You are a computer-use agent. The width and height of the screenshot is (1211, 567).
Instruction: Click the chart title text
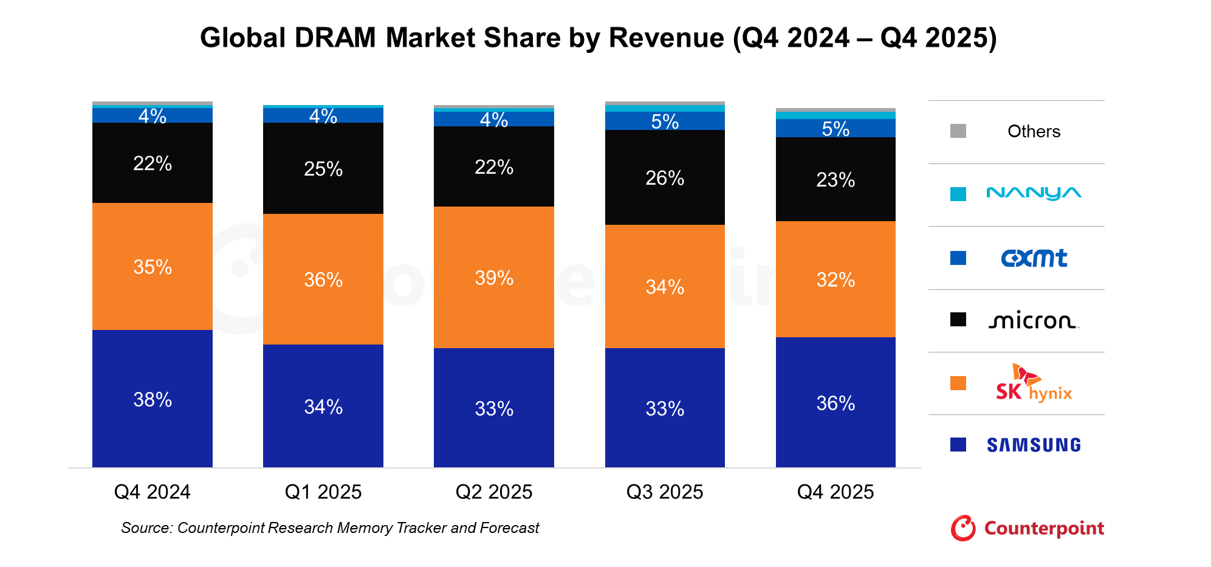pyautogui.click(x=598, y=38)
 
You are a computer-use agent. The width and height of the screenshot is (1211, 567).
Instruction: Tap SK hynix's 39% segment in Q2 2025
pyautogui.click(x=493, y=277)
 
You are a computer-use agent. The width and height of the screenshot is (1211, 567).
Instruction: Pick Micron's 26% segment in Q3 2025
pyautogui.click(x=665, y=177)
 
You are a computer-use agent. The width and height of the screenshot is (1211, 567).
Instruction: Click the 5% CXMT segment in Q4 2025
pyautogui.click(x=835, y=128)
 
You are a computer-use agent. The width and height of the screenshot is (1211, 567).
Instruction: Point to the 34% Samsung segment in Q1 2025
pyautogui.click(x=323, y=406)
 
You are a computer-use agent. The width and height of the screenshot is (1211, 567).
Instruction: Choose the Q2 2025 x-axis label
pyautogui.click(x=493, y=492)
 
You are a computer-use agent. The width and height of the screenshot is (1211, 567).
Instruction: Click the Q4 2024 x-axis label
pyautogui.click(x=152, y=492)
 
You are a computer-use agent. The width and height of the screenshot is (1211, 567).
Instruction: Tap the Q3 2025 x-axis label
pyautogui.click(x=665, y=492)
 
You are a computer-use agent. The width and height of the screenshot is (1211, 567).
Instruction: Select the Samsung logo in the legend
pyautogui.click(x=1034, y=445)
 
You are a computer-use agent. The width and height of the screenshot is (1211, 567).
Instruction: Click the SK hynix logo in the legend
pyautogui.click(x=1034, y=383)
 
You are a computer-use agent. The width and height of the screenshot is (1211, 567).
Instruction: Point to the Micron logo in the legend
pyautogui.click(x=1034, y=320)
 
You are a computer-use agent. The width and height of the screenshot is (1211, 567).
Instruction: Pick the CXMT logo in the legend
pyautogui.click(x=1034, y=258)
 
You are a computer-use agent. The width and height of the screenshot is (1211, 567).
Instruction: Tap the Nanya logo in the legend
pyautogui.click(x=1034, y=193)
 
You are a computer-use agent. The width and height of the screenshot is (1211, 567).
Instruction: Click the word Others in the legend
pyautogui.click(x=1034, y=131)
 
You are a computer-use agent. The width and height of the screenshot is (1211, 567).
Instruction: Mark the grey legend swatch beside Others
pyautogui.click(x=958, y=131)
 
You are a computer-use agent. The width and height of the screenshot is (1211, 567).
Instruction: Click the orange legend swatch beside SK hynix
pyautogui.click(x=958, y=383)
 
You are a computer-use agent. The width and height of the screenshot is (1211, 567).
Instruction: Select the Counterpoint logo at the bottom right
pyautogui.click(x=1027, y=528)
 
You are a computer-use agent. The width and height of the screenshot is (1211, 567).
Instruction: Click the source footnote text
pyautogui.click(x=330, y=527)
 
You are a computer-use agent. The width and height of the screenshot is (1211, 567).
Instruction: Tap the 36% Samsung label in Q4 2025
pyautogui.click(x=835, y=403)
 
